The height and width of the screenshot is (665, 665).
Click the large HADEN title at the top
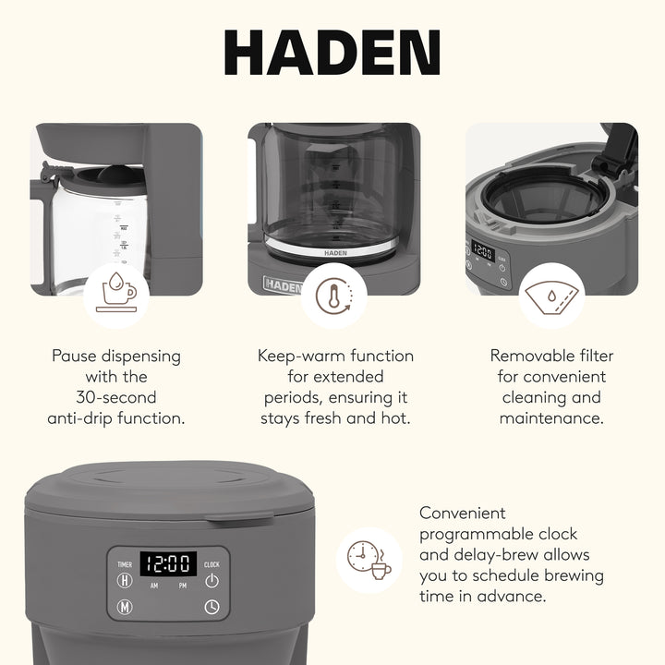coord(332,54)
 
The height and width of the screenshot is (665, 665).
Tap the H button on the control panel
coord(125,580)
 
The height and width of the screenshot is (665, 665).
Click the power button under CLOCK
coord(212,580)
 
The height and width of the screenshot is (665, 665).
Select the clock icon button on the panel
coord(212,608)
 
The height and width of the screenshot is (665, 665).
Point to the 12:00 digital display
coord(168,563)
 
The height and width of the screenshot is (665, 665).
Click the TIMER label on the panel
coord(125,563)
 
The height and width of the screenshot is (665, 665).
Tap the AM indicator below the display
coord(153,586)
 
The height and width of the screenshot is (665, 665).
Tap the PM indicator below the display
coord(183,586)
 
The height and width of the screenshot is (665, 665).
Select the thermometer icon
coord(332,296)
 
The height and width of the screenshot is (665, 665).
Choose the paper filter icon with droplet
coord(550,296)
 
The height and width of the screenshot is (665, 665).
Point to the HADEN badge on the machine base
coord(282,284)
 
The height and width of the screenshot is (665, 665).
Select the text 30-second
coord(116,397)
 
